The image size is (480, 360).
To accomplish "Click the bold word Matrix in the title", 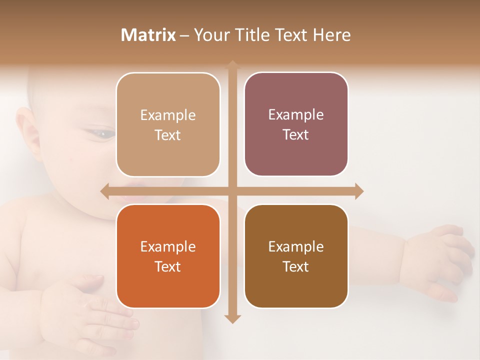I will coord(148,35).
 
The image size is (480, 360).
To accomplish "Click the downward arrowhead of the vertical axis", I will coord(232,318).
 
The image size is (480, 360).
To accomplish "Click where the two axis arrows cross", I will coord(232,191).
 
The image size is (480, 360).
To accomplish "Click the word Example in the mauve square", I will coord(296,115).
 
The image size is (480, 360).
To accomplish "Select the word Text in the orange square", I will coord(168,266).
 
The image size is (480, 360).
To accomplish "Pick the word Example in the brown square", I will coord(296,246).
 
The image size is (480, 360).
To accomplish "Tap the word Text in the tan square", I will coord(168,135).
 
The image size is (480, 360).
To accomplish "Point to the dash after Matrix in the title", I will coord(184,35).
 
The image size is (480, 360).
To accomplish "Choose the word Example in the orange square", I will coord(168,246).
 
